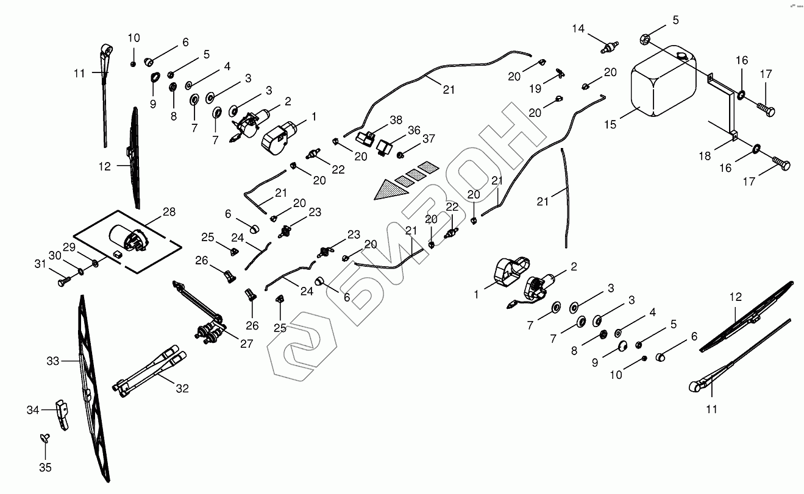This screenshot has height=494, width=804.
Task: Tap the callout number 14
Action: coord(578,29)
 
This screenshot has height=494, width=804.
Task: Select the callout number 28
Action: coord(168,212)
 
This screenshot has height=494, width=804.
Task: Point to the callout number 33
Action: coord(53,361)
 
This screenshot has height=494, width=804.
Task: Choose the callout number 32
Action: coord(182,388)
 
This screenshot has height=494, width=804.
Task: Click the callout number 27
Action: coord(246,344)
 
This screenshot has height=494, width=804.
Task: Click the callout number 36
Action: coord(414,130)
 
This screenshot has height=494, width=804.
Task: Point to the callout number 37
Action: coord(429,139)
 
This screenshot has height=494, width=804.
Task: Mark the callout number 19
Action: coord(535,89)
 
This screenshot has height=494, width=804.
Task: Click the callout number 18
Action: coord(704,156)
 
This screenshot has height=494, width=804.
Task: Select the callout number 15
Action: coord(611,124)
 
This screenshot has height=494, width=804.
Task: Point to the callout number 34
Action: coord(34,411)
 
